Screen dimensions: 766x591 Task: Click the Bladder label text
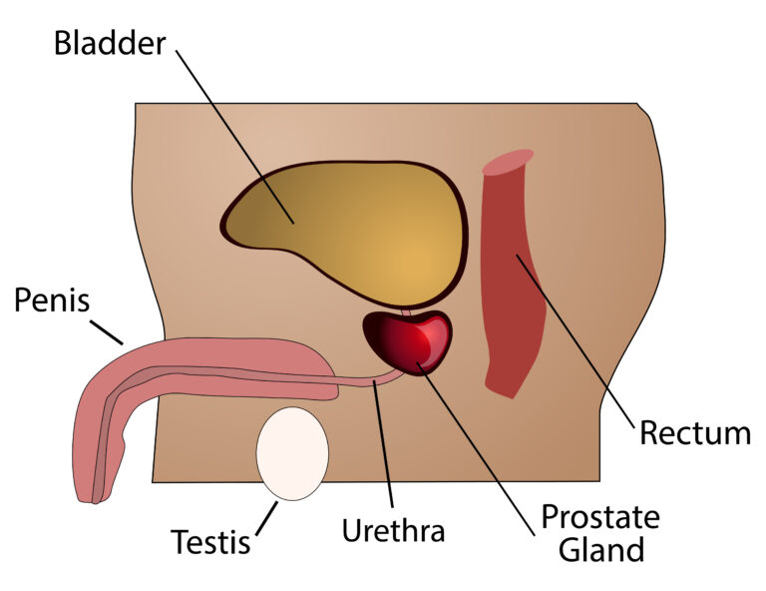110,43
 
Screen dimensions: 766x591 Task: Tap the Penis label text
52,299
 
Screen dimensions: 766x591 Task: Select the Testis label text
210,541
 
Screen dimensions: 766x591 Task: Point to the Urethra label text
393,530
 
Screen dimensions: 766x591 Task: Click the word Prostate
600,518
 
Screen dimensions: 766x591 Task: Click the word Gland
600,549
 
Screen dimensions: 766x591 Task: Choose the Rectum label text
695,433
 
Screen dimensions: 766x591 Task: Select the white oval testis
292,453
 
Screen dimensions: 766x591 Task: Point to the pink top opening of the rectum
508,162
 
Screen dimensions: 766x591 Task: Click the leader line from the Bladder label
235,137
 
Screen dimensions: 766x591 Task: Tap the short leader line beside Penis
107,332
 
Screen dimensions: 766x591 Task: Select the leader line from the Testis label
266,518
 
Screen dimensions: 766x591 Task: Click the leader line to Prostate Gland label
475,449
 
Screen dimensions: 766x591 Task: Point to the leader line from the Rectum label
575,340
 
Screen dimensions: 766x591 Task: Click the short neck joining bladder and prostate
406,312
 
